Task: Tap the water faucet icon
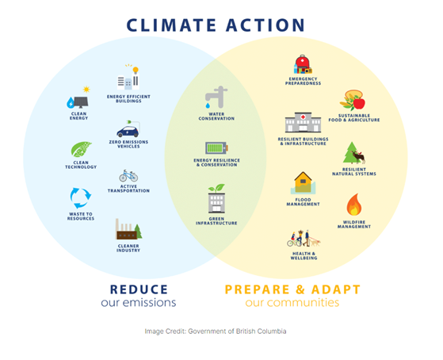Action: [x=214, y=98]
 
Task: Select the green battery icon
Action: [x=216, y=147]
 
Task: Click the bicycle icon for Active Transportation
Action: [x=128, y=175]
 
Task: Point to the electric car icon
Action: [x=128, y=129]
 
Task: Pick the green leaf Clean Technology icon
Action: [x=81, y=150]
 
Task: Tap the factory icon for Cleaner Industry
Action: [x=128, y=230]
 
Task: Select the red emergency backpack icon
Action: [x=303, y=64]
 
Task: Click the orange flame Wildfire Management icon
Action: [x=354, y=205]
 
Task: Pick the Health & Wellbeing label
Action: [x=304, y=256]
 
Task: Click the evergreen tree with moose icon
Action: [x=353, y=155]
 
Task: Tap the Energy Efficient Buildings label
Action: [x=128, y=98]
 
